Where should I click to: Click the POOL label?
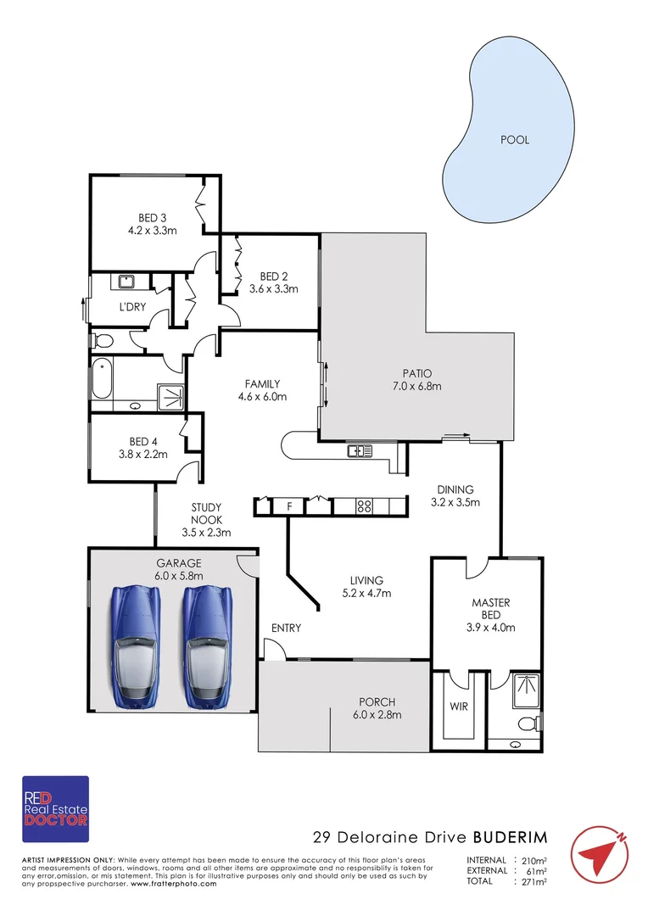click(x=515, y=140)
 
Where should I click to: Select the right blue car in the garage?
click(x=206, y=645)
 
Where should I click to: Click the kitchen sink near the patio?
click(x=359, y=451)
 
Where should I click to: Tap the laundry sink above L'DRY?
click(x=126, y=282)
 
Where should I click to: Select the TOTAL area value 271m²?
click(x=533, y=882)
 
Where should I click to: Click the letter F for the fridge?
click(x=289, y=507)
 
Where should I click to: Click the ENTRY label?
click(x=286, y=628)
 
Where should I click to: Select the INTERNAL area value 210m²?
click(x=533, y=859)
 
